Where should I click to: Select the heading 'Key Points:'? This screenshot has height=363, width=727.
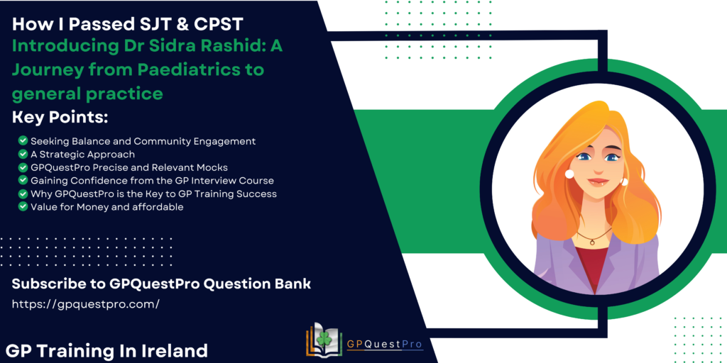pos(60,118)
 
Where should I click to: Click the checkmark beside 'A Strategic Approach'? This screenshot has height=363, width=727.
pos(23,154)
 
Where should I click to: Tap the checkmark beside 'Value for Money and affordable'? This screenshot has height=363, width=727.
pos(23,206)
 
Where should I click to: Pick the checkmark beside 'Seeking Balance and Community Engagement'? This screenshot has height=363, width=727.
pos(23,140)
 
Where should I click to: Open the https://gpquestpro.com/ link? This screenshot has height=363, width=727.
pos(86,304)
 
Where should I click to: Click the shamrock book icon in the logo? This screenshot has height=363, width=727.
pos(324,340)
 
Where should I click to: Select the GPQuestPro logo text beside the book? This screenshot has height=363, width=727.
pos(385,344)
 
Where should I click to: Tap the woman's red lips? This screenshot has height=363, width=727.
pos(598,181)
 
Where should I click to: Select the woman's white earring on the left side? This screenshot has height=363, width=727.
pos(569,174)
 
